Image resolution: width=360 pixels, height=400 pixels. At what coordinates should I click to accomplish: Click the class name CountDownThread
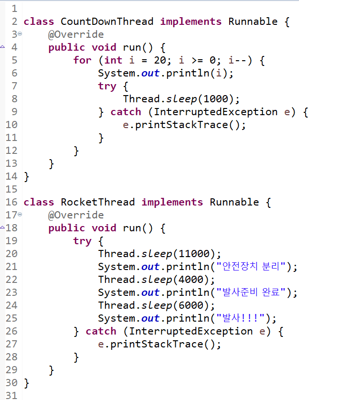coord(107,22)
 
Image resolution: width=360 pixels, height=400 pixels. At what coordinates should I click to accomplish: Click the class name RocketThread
coord(97,202)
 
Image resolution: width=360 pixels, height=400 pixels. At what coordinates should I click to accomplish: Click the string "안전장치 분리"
coord(250,267)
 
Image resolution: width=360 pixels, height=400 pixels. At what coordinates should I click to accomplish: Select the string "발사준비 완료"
coord(250,292)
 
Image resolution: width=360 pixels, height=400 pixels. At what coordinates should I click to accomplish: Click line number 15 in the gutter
coord(11,189)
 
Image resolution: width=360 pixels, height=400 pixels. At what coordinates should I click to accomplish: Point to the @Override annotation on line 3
coord(76,34)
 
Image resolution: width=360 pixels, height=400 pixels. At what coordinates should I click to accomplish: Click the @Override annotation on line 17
coord(76,215)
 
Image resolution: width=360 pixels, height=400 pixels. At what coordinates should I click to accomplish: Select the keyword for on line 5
coord(82,60)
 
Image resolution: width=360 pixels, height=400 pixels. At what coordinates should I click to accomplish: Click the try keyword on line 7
coord(107,86)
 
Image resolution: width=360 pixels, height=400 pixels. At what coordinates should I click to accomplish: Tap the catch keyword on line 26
coord(101,331)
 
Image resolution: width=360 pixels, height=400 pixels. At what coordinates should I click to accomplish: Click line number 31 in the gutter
coord(11,396)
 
